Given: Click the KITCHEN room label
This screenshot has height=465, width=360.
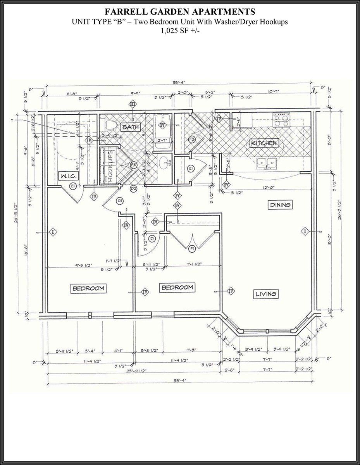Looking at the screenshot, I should (x=264, y=143).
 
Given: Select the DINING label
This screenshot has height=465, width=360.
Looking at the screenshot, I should (x=280, y=205).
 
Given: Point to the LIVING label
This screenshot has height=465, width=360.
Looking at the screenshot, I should (x=266, y=294).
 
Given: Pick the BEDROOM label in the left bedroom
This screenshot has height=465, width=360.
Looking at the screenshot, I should (x=89, y=288).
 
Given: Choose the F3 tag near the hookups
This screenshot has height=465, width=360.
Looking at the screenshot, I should (x=133, y=165).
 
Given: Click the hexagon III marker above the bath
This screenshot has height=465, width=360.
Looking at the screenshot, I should (x=132, y=104).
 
